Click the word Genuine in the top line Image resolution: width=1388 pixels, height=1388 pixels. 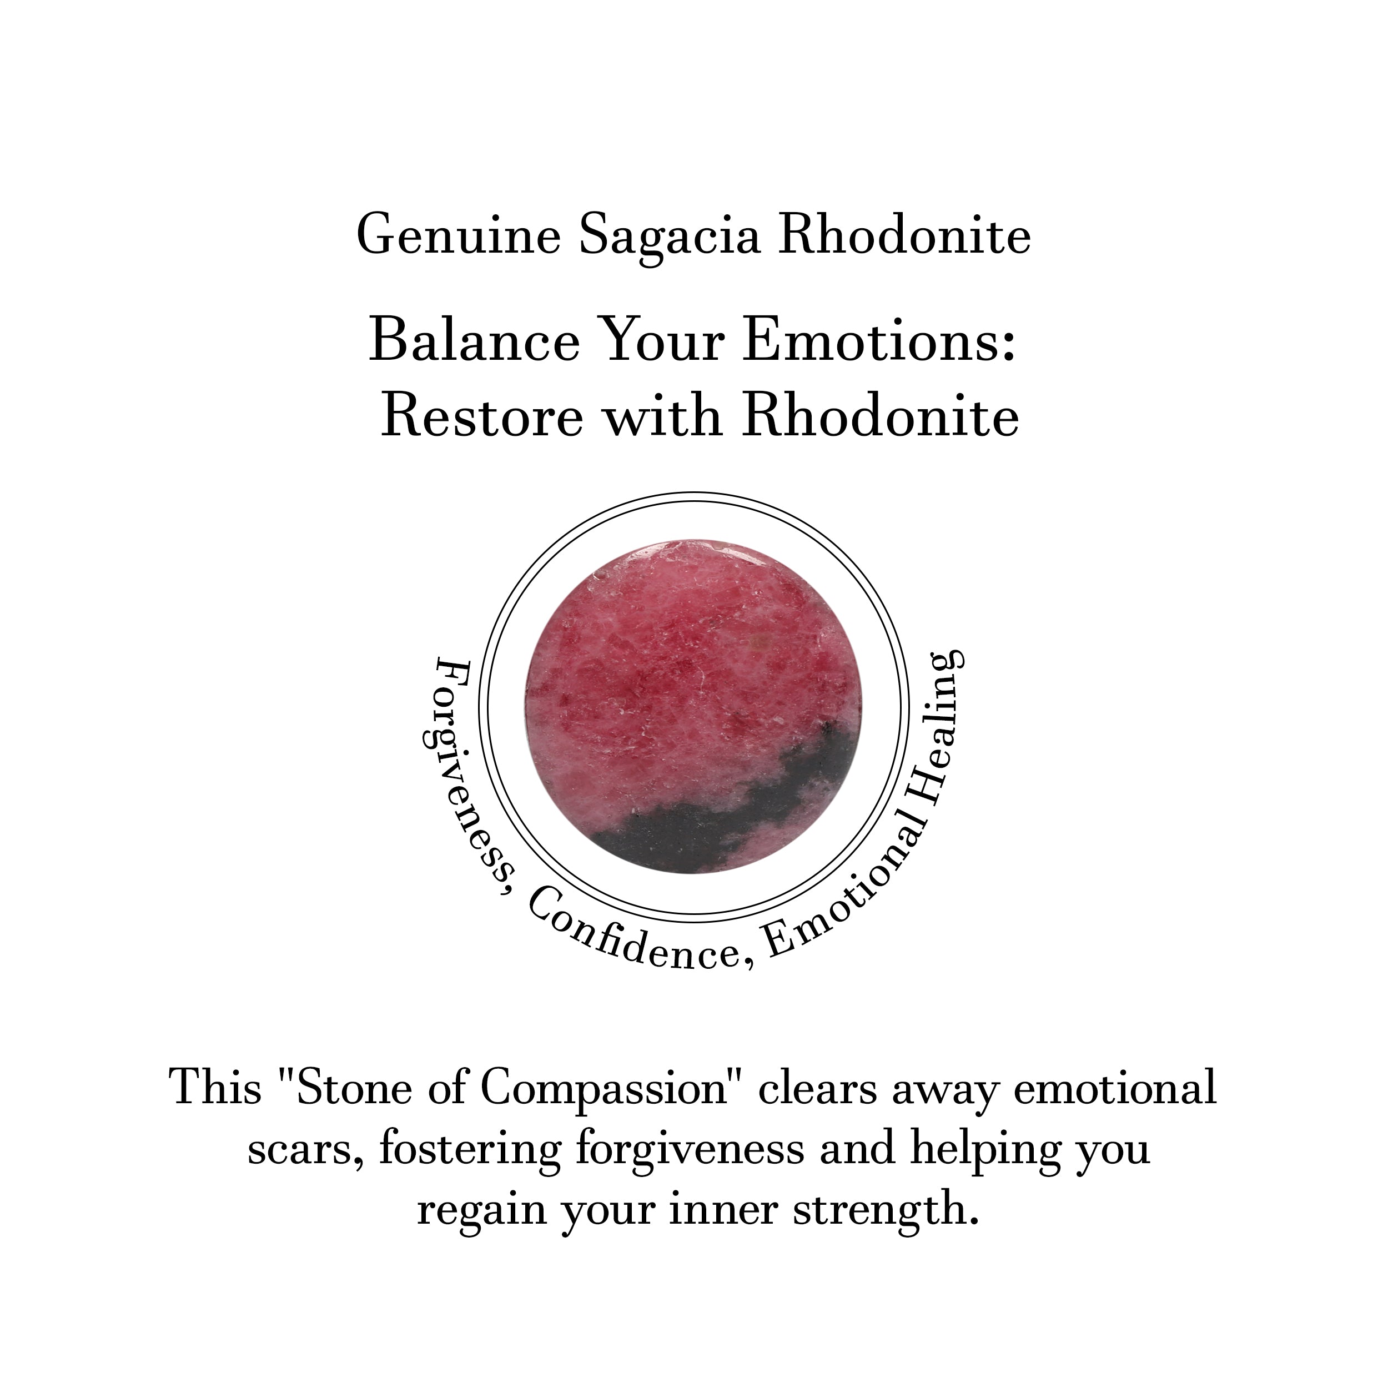click(459, 235)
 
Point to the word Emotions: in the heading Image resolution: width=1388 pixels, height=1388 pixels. click(881, 341)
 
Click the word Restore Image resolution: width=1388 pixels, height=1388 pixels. click(481, 417)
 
